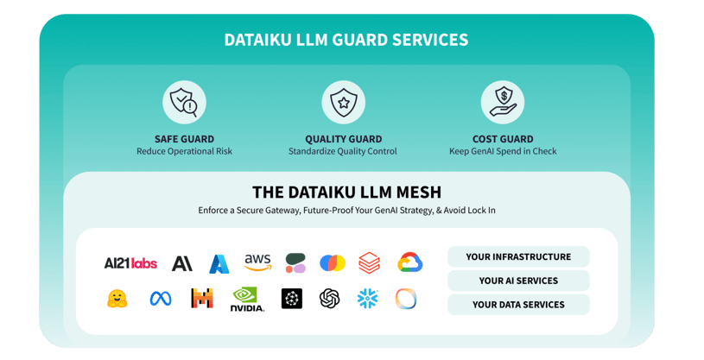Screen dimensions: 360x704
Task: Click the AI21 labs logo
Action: coord(130,263)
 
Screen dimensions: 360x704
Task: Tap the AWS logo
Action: coord(257,262)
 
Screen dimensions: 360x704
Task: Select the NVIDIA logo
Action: coord(248,299)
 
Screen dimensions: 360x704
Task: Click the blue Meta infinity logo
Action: coord(161,299)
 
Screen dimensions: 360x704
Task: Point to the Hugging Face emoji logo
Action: coord(117,299)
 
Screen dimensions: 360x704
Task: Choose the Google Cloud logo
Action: coord(409,262)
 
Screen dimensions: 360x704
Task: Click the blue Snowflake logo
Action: coord(368,299)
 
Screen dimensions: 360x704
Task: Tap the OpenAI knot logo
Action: coord(329,299)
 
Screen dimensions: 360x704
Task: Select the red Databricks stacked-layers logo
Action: coord(370,262)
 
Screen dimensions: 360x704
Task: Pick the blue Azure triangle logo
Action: coord(219,263)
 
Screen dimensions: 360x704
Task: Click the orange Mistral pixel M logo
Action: coord(202,299)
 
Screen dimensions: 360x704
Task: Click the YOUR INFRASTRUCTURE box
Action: coord(518,256)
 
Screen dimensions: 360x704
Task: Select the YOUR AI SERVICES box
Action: coord(518,281)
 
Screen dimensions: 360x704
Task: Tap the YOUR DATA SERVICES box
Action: coord(518,304)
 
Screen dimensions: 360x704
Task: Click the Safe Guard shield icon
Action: coord(184,103)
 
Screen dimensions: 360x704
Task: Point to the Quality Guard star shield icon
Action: coord(343,103)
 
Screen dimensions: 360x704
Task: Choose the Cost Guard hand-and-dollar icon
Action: coord(503,103)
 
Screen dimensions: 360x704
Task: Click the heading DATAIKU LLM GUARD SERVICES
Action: coord(346,40)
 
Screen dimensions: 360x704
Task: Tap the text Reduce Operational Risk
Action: coord(184,152)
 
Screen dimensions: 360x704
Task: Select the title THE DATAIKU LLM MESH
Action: coord(346,192)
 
